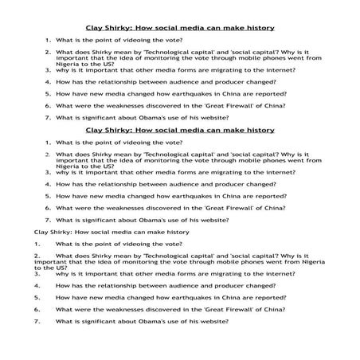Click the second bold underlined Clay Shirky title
pyautogui.click(x=179, y=129)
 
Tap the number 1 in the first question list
pyautogui.click(x=49, y=38)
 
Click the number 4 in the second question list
pyautogui.click(x=49, y=182)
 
